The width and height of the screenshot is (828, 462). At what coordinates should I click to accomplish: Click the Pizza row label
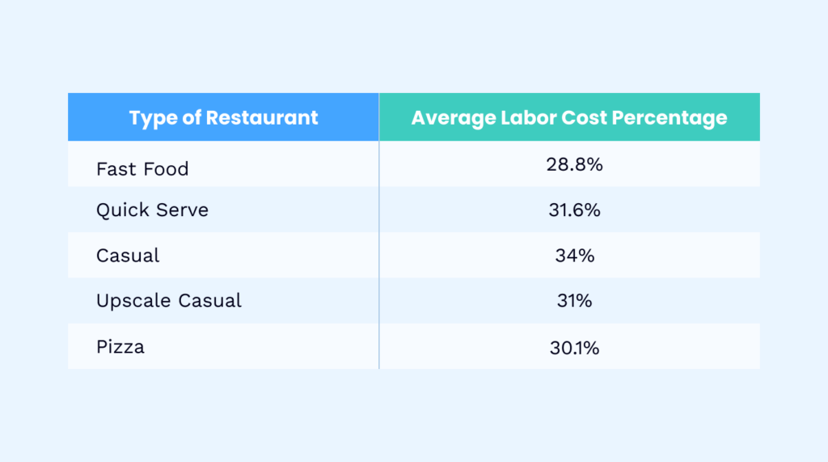coord(120,347)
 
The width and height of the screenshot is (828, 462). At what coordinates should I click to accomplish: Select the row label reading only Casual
coord(128,256)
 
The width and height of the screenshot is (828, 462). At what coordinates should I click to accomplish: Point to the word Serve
coord(182,210)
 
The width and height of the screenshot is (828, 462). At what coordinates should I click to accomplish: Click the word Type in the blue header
coord(152,118)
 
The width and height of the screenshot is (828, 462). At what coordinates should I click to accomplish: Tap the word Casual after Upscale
coord(210,301)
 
